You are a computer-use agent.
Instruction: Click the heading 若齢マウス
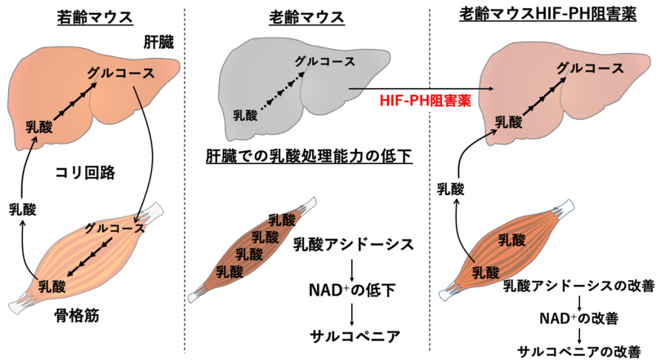(95, 18)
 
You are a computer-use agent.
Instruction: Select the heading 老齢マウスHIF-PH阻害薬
(548, 15)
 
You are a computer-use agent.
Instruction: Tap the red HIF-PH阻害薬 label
(426, 100)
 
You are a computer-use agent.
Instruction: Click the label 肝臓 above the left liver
(158, 42)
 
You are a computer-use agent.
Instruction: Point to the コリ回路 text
(85, 172)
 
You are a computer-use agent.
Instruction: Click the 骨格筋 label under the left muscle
(77, 316)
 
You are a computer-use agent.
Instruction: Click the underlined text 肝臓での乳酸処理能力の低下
(310, 157)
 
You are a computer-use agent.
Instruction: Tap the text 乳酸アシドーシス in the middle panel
(354, 244)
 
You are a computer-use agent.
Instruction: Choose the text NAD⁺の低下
(352, 290)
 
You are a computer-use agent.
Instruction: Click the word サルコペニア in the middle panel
(355, 336)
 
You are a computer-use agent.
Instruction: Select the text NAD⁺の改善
(578, 318)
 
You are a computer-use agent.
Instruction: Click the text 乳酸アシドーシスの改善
(578, 286)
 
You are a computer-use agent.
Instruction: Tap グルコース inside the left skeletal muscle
(114, 229)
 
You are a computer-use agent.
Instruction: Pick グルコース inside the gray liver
(325, 61)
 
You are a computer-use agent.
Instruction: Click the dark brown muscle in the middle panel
(252, 249)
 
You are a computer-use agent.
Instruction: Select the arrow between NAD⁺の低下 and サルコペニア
(352, 314)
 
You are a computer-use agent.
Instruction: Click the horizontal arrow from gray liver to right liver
(420, 89)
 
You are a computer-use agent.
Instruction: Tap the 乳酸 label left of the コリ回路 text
(23, 210)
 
